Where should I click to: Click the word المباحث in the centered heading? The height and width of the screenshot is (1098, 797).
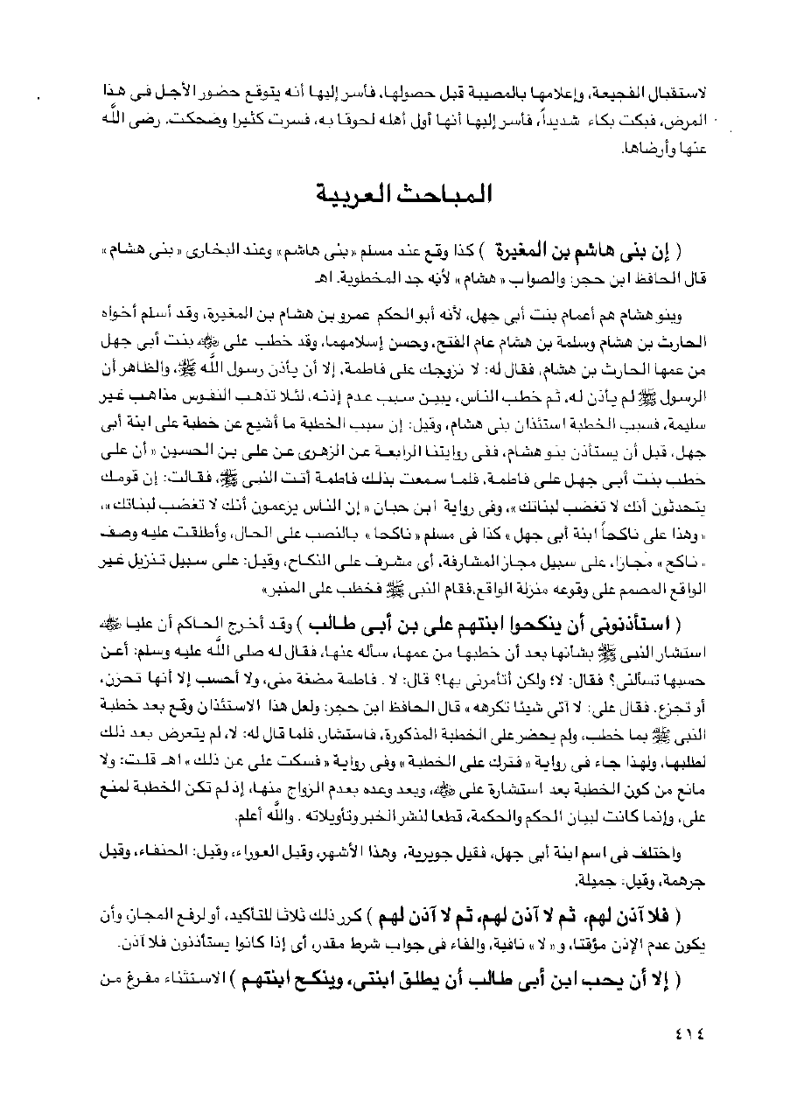(450, 193)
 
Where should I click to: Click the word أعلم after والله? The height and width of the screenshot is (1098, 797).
(216, 816)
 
